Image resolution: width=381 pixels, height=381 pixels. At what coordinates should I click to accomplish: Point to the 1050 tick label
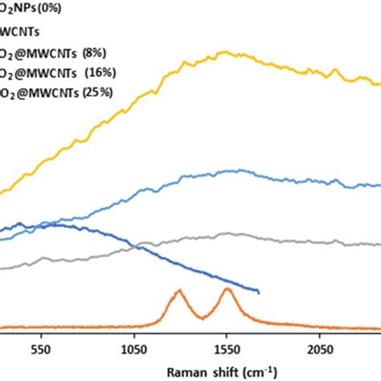pos(133,350)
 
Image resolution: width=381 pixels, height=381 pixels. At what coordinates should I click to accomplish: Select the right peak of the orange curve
pos(227,289)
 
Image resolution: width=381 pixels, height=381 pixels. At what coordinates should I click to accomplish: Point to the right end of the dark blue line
pos(258,291)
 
